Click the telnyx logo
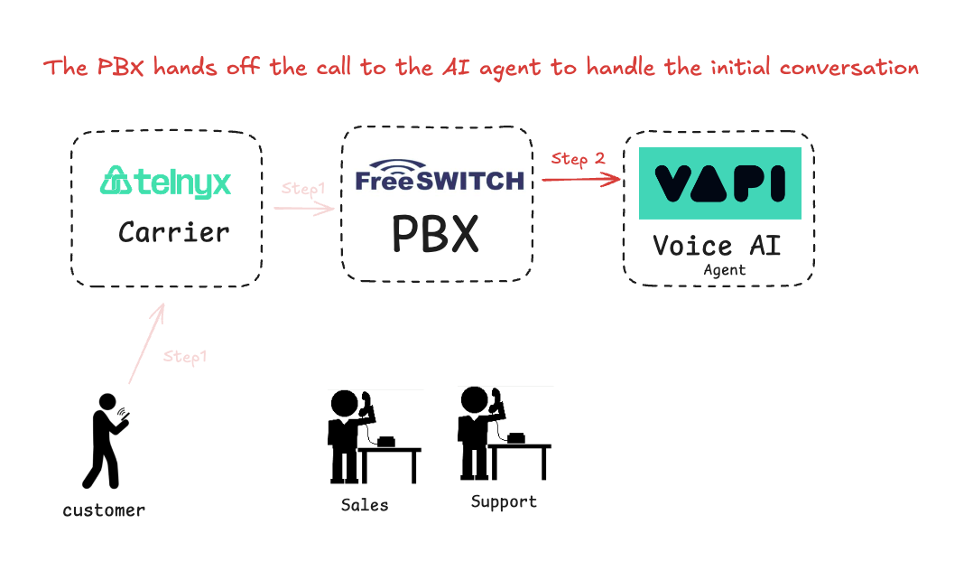pyautogui.click(x=165, y=182)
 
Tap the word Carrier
pyautogui.click(x=174, y=232)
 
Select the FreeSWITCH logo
pyautogui.click(x=440, y=176)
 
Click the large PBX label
pyautogui.click(x=435, y=234)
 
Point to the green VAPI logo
pyautogui.click(x=719, y=183)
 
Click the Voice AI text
pyautogui.click(x=717, y=246)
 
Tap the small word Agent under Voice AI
pyautogui.click(x=725, y=269)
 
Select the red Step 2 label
pyautogui.click(x=578, y=159)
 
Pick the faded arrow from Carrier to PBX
pyautogui.click(x=304, y=209)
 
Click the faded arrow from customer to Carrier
pyautogui.click(x=146, y=343)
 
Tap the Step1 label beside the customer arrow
pyautogui.click(x=185, y=357)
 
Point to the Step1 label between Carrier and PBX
pyautogui.click(x=302, y=189)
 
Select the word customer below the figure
pyautogui.click(x=104, y=510)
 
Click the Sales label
pyautogui.click(x=365, y=505)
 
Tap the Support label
pyautogui.click(x=504, y=501)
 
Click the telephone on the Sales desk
pyautogui.click(x=386, y=441)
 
